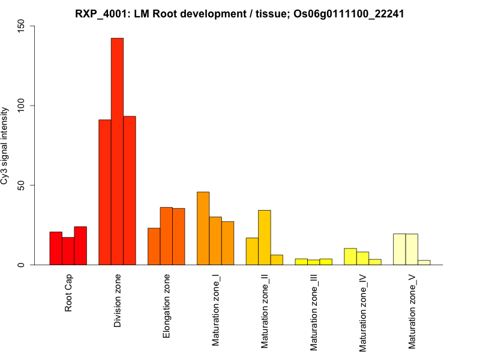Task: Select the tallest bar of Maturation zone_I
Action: (x=203, y=229)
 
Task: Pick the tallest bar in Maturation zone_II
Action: (x=265, y=238)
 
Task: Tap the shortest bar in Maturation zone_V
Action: (x=424, y=262)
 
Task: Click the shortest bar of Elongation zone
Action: (x=154, y=247)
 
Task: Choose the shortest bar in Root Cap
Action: (x=68, y=251)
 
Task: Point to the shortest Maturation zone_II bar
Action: (x=277, y=260)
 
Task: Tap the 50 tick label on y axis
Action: (x=22, y=185)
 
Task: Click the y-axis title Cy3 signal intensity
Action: (x=5, y=146)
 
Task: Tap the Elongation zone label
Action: (x=167, y=306)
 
